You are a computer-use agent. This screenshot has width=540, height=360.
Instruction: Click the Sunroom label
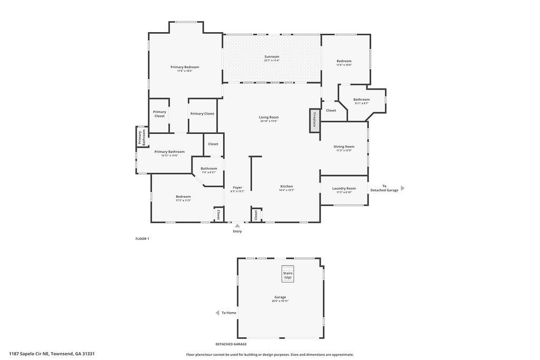point(272,56)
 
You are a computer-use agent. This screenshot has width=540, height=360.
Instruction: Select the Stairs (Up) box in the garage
point(287,274)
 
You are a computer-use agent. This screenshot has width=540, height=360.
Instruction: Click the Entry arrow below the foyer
point(237,226)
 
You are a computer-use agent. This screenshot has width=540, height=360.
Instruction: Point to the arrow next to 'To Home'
point(217,313)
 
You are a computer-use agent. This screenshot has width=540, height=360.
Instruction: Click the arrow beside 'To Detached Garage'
point(403,188)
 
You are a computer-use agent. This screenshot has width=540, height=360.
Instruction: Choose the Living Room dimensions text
point(268,121)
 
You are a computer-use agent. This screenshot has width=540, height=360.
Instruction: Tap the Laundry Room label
point(344,188)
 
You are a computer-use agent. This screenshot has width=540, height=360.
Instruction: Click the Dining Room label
point(344,147)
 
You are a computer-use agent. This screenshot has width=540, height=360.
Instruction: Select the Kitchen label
point(286,186)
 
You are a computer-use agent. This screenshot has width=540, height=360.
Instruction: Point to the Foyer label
point(237,187)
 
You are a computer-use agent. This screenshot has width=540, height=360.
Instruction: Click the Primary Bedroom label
point(185,67)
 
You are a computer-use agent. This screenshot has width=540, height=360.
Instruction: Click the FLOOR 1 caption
point(142,239)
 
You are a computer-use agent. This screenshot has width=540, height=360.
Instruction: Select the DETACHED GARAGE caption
point(231,344)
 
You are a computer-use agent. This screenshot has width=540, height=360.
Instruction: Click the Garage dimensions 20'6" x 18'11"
point(280,301)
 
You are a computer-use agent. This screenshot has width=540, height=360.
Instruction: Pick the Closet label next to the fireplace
point(331,110)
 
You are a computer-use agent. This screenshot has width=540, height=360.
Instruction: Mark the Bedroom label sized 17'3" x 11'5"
point(183,197)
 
